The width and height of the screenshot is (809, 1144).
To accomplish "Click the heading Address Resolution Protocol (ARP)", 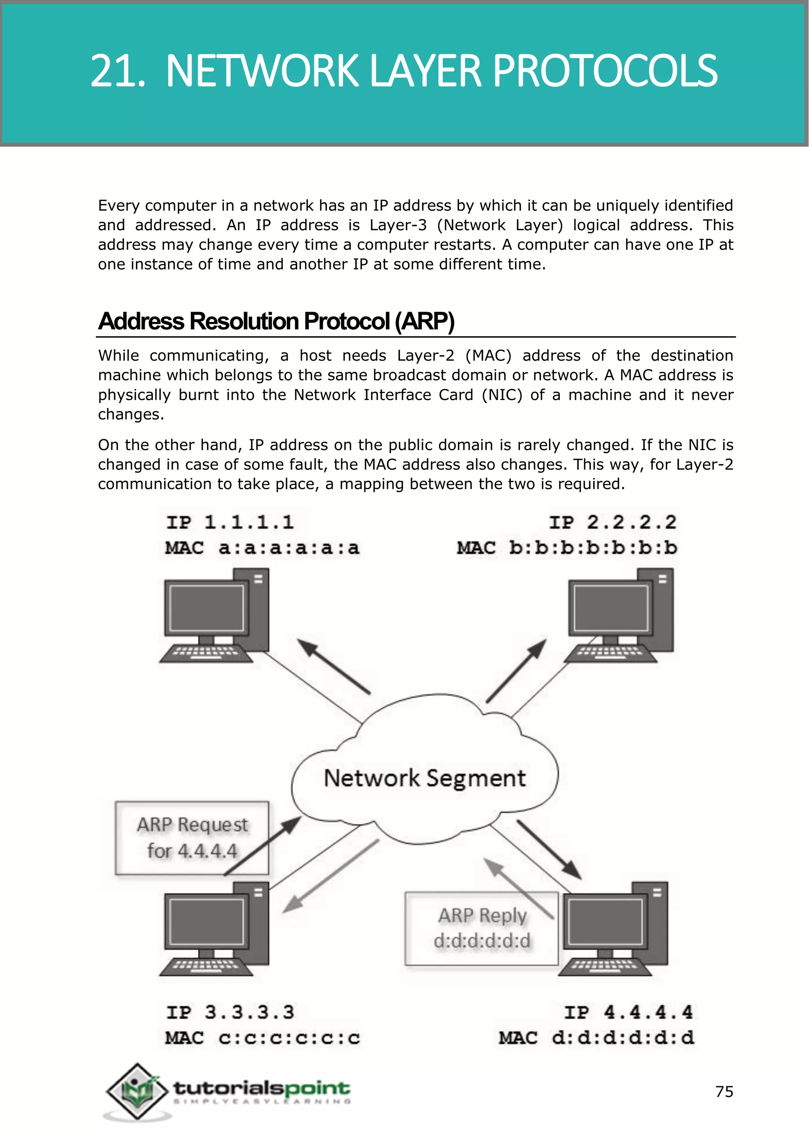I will point(276,322).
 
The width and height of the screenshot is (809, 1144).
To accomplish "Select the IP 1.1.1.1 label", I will point(230,522).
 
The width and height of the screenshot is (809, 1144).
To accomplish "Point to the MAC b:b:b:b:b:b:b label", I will point(567,548).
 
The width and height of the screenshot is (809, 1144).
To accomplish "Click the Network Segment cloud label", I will point(424,778).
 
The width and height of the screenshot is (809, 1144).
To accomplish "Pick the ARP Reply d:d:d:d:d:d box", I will point(481,928).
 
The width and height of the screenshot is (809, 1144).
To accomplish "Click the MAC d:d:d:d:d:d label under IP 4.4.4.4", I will point(596,1038).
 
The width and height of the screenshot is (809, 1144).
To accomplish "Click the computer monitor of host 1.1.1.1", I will point(206,608).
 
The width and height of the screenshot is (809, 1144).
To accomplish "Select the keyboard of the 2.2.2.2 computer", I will point(611,653).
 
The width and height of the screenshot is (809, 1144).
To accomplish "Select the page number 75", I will point(724,1092).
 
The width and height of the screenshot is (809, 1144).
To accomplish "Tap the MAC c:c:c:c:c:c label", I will point(263,1038).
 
